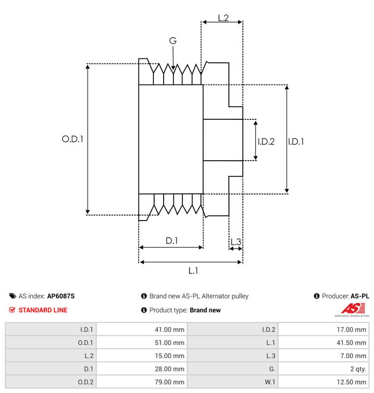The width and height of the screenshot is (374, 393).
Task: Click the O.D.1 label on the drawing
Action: (72, 139)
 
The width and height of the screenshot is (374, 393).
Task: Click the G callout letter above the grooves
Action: (173, 41)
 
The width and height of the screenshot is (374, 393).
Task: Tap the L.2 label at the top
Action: (223, 18)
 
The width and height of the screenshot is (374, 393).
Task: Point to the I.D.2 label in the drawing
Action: (266, 141)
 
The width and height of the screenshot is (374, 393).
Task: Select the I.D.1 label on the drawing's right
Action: (296, 141)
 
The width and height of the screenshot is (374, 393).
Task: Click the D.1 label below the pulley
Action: (172, 241)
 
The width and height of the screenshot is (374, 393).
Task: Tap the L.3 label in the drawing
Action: (235, 242)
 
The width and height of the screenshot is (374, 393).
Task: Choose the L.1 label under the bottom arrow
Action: (193, 271)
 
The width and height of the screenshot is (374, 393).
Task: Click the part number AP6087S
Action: (61, 296)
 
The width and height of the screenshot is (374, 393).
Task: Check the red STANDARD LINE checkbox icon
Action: (12, 310)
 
